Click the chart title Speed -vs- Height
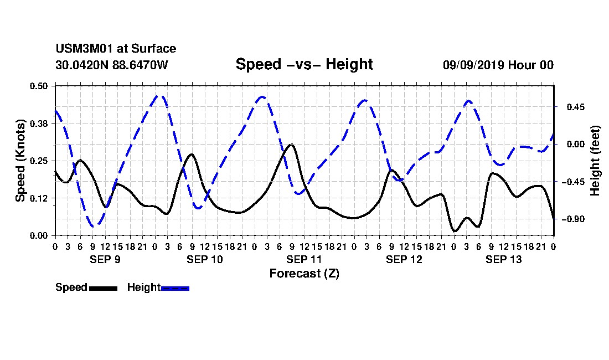(304, 64)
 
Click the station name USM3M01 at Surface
(116, 49)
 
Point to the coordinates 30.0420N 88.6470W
(112, 65)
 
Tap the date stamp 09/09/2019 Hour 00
(498, 65)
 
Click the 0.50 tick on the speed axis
(39, 86)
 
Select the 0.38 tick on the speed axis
(39, 124)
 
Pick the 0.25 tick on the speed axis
(39, 161)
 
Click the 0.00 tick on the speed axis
(39, 236)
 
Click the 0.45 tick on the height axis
(576, 107)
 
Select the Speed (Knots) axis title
(20, 161)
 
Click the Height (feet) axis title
(595, 161)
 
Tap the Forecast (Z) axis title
(304, 274)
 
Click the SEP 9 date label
(105, 259)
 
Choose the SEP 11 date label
(304, 259)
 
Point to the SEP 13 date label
(504, 259)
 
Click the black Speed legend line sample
(104, 288)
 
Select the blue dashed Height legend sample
(175, 288)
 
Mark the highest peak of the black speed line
(291, 145)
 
